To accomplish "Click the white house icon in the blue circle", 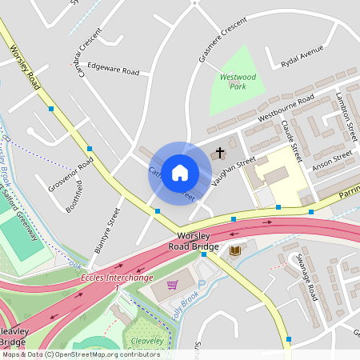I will pyautogui.click(x=180, y=172).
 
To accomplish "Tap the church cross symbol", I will pyautogui.click(x=219, y=153).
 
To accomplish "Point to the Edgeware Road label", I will pyautogui.click(x=113, y=69).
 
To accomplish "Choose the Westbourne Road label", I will pyautogui.click(x=285, y=110).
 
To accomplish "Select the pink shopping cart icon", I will pyautogui.click(x=171, y=284).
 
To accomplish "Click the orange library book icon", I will pyautogui.click(x=235, y=251).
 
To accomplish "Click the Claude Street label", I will pyautogui.click(x=291, y=139).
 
